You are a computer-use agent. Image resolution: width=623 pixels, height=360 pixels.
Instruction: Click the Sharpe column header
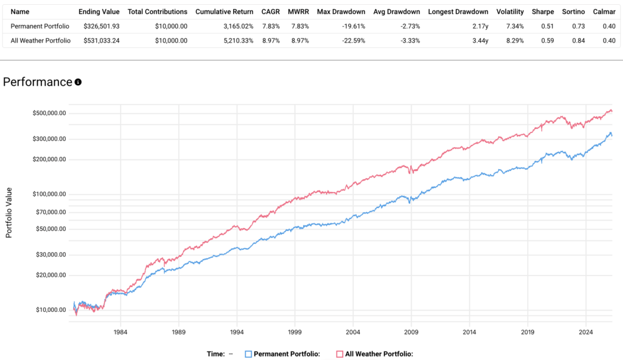pyautogui.click(x=542, y=12)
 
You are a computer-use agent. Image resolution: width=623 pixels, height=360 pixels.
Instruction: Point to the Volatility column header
pyautogui.click(x=510, y=12)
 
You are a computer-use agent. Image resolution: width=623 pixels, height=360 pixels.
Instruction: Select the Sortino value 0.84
pyautogui.click(x=576, y=40)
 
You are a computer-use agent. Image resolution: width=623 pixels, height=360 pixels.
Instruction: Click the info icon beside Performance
pyautogui.click(x=78, y=82)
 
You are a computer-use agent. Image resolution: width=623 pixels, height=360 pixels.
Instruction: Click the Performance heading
pyautogui.click(x=38, y=82)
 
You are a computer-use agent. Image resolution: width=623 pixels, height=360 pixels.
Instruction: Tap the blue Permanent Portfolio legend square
pyautogui.click(x=248, y=354)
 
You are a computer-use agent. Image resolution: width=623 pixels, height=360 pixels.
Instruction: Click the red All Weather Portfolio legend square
pyautogui.click(x=339, y=354)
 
